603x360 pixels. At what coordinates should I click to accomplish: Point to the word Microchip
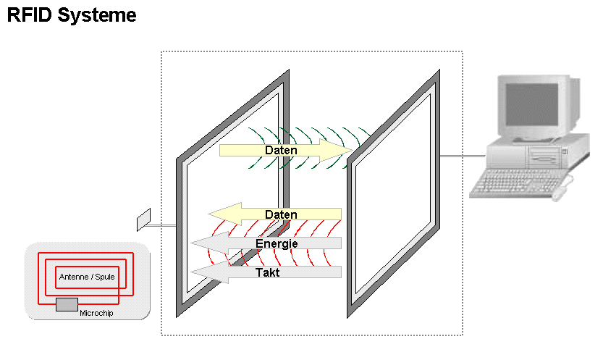[x=96, y=312]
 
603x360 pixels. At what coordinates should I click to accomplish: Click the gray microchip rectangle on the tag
[x=67, y=304]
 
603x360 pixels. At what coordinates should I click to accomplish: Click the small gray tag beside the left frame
[x=143, y=219]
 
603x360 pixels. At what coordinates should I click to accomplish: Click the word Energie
[x=277, y=244]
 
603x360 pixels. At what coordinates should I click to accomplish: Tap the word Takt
[x=269, y=273]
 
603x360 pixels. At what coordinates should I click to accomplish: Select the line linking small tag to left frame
[x=164, y=226]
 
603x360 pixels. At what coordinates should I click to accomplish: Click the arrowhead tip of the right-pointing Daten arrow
[x=350, y=150]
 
